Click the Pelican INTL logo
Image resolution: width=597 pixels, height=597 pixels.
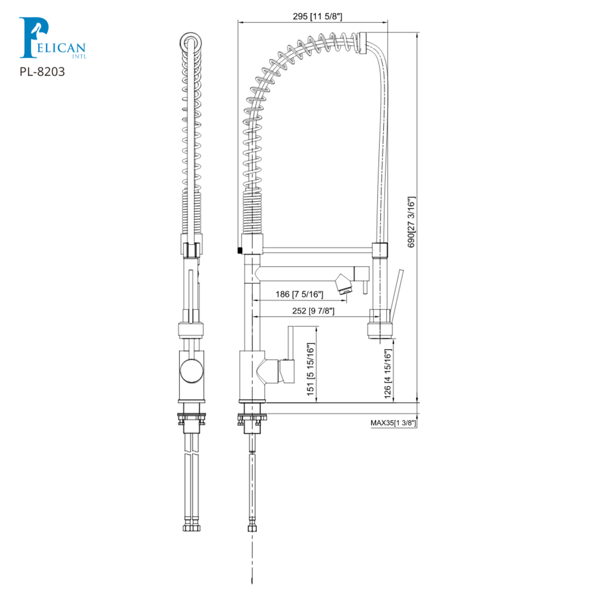pos(52,38)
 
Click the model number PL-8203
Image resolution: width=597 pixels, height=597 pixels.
pos(42,72)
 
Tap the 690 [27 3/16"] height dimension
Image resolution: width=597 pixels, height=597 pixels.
pos(411,222)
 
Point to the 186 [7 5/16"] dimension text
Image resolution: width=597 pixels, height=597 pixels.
pos(299,294)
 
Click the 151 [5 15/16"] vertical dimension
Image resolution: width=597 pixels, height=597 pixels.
pos(311,370)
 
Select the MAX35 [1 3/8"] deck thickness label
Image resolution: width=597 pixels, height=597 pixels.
pos(393,423)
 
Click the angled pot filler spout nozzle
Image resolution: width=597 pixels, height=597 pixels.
pos(343,284)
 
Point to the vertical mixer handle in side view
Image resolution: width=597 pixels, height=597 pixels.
pos(291,343)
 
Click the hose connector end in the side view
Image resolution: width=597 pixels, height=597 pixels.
pos(253,526)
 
